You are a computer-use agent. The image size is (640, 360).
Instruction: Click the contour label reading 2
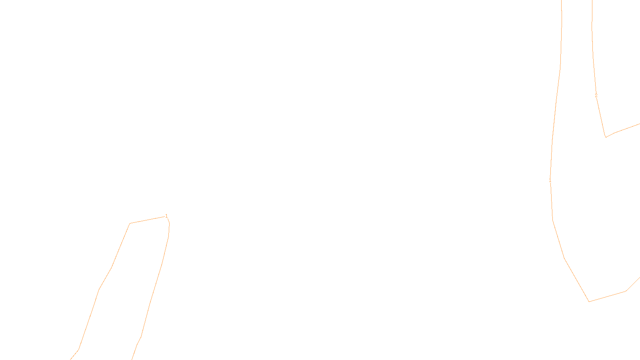596,96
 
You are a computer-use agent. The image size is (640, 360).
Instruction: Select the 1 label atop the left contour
166,216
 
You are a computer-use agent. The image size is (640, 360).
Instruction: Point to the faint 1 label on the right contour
550,181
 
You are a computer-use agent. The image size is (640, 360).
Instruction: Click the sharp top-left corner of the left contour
130,223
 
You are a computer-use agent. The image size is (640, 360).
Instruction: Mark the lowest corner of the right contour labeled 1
589,302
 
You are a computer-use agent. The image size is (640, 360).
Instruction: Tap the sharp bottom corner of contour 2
606,137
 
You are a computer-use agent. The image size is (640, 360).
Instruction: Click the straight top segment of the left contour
147,220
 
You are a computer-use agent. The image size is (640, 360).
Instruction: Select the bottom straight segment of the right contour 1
607,296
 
